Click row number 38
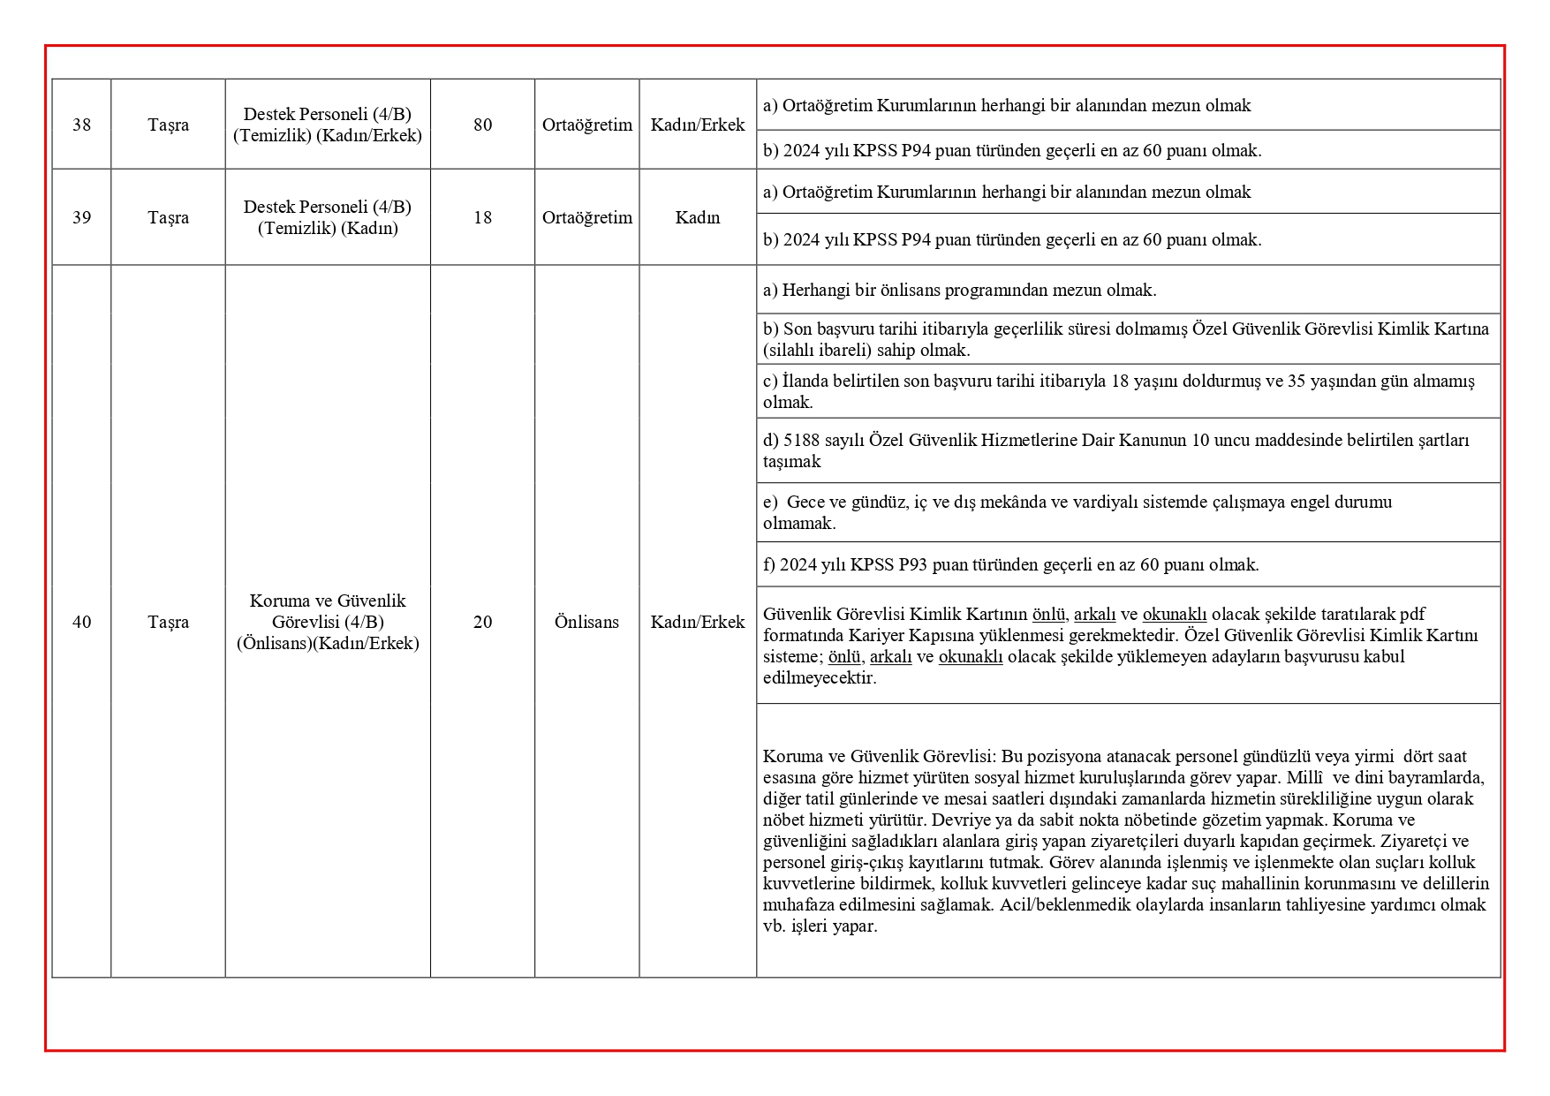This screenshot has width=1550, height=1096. (81, 125)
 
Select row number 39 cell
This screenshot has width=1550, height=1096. (81, 217)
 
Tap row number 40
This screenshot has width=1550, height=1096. (81, 622)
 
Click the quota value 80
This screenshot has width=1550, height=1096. (482, 125)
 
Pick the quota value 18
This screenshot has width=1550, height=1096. (482, 217)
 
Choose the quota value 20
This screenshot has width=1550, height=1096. (482, 622)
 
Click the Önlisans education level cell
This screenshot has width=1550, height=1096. (586, 622)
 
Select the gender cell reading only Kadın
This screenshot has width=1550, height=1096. (698, 217)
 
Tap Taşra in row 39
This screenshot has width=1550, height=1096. (168, 217)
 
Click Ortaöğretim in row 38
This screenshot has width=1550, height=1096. (586, 125)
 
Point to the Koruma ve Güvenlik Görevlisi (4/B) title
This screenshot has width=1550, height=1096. (328, 611)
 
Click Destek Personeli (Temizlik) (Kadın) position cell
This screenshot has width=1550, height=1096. (328, 217)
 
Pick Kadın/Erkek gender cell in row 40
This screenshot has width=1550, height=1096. (698, 622)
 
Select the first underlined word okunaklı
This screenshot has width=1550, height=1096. (1174, 614)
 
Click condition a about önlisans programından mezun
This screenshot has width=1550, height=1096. (959, 290)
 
